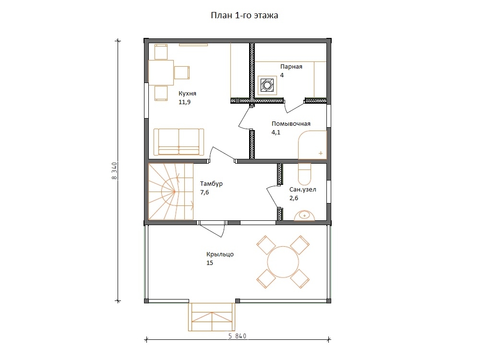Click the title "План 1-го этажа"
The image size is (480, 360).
(244, 15)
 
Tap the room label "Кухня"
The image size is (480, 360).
(187, 94)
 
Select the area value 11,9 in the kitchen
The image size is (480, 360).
(185, 102)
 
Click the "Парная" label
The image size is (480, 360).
(291, 67)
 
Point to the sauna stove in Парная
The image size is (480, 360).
(267, 85)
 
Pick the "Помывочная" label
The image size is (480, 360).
(291, 124)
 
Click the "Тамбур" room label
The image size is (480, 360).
(211, 184)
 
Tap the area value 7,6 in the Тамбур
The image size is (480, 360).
(204, 192)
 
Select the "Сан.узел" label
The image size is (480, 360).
(303, 190)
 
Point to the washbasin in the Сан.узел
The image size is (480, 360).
(304, 216)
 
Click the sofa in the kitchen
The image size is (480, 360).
(179, 142)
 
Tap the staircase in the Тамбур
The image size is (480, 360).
(171, 192)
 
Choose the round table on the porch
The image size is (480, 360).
(283, 262)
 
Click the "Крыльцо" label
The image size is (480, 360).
(220, 254)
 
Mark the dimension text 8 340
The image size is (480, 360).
(115, 171)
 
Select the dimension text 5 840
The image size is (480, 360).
(237, 336)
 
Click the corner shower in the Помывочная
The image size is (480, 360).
(313, 145)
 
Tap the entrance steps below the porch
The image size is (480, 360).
(212, 317)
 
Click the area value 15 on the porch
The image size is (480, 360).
(210, 263)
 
